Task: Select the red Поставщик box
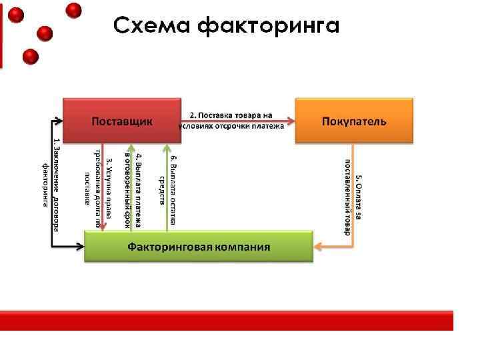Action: click(x=122, y=121)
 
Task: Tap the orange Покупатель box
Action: click(x=354, y=121)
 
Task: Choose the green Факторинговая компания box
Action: click(x=199, y=246)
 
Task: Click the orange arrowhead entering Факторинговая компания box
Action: click(x=318, y=247)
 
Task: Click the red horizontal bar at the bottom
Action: click(x=227, y=320)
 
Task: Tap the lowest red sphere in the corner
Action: click(x=30, y=57)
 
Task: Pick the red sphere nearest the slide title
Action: click(x=74, y=10)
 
